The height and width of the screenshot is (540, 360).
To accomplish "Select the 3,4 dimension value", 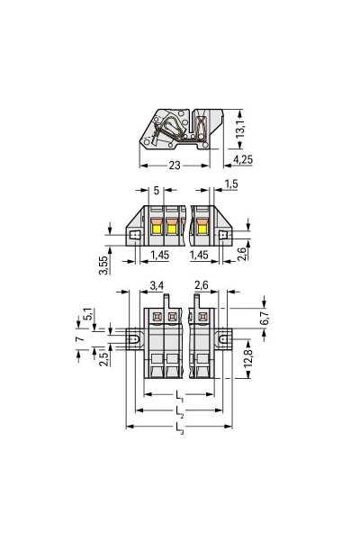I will (155, 287).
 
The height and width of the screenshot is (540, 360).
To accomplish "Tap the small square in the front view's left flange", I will (136, 236).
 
